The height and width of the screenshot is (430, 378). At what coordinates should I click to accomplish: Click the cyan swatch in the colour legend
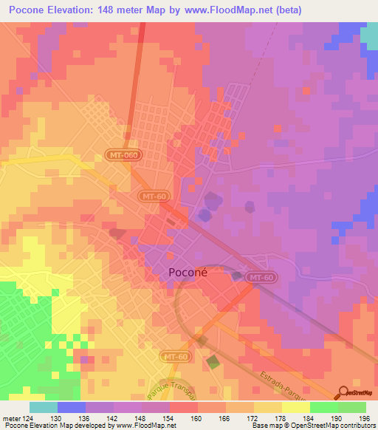[43, 407]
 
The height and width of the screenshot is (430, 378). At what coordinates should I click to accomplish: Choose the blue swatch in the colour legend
[72, 407]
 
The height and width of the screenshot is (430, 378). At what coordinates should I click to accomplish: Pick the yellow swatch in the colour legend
[295, 407]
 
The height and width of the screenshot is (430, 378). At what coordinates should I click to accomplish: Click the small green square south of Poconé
[213, 363]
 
